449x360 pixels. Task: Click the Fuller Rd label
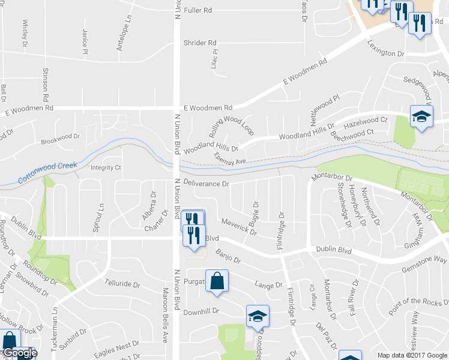(199, 11)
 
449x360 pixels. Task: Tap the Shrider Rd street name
(199, 43)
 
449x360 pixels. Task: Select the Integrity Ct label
(106, 168)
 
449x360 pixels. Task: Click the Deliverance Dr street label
(207, 184)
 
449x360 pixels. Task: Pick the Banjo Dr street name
(228, 256)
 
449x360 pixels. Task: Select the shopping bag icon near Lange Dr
(217, 281)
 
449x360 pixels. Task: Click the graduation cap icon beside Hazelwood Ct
(421, 116)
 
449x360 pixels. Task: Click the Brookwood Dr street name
(60, 140)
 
